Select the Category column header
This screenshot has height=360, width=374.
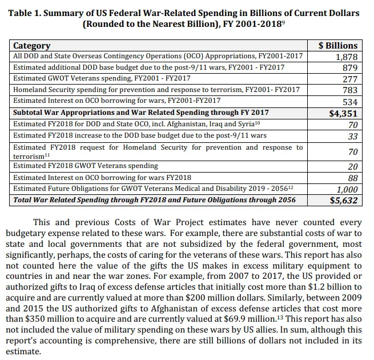pos(32,46)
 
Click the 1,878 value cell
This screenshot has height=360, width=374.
pos(345,57)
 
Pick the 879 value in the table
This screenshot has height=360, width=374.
pos(350,68)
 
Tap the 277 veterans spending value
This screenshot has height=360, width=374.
pos(350,79)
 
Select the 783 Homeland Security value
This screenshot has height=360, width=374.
pos(350,90)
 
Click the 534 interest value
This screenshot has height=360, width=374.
pos(350,101)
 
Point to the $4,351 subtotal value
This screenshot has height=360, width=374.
pos(344,113)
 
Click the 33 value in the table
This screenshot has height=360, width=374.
pos(352,136)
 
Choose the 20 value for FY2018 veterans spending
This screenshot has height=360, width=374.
pos(352,166)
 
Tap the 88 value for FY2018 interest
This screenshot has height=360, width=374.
pos(352,178)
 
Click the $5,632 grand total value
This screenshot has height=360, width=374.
pos(344,201)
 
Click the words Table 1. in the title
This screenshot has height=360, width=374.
pos(27,13)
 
